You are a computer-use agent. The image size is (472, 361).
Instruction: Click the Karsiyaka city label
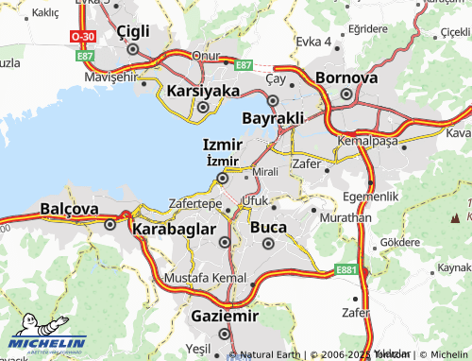click(x=203, y=91)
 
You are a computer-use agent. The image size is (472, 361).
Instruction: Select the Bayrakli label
click(x=274, y=118)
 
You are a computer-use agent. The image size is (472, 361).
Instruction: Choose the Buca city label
click(x=268, y=228)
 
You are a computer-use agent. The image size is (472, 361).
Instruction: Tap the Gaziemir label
click(x=224, y=315)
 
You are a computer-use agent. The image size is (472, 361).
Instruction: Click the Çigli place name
click(x=133, y=31)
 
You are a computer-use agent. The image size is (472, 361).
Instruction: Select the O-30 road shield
click(x=81, y=36)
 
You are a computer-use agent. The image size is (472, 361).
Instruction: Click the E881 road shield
click(x=346, y=270)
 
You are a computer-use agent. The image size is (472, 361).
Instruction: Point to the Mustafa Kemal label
click(x=205, y=280)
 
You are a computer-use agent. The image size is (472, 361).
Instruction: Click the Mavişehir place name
click(x=110, y=77)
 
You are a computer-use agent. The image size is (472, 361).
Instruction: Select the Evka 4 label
click(x=313, y=42)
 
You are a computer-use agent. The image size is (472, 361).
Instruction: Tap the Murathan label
click(x=342, y=217)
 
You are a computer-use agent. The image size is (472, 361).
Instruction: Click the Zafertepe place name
click(x=194, y=204)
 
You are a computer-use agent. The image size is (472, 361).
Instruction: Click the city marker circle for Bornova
click(x=346, y=95)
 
